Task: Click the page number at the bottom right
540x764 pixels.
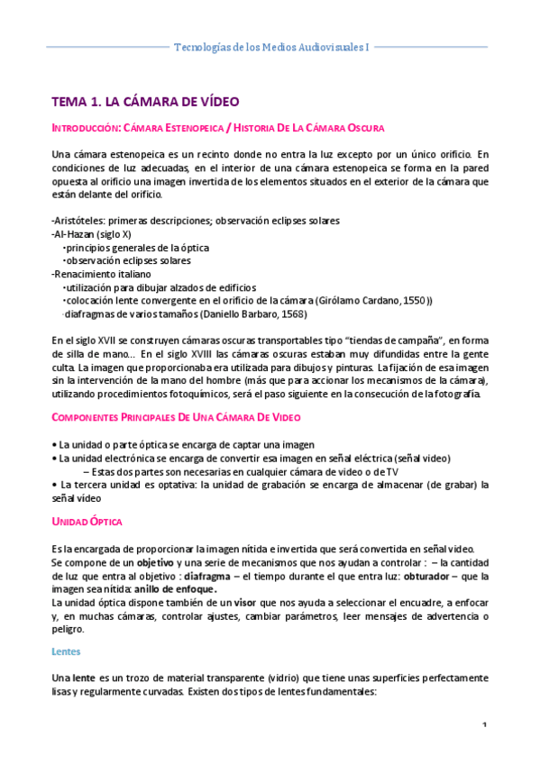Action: [x=484, y=727]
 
